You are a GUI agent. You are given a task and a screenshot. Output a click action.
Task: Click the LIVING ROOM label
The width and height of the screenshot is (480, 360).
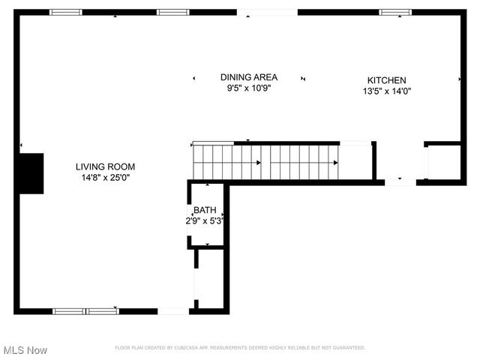pyautogui.click(x=105, y=166)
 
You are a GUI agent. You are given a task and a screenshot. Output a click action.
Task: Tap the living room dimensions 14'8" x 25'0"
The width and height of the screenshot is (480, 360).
pyautogui.click(x=105, y=178)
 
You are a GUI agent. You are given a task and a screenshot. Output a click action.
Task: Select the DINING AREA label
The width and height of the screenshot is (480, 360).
pyautogui.click(x=249, y=77)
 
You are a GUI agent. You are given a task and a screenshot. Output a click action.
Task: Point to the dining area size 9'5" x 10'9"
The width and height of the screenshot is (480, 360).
pyautogui.click(x=249, y=88)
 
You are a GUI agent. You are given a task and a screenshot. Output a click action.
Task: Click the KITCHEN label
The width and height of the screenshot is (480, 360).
pyautogui.click(x=386, y=81)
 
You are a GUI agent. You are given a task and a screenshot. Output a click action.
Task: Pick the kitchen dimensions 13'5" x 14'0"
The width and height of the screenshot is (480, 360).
pyautogui.click(x=386, y=91)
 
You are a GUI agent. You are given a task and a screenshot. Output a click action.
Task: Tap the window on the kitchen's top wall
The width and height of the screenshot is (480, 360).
pyautogui.click(x=394, y=12)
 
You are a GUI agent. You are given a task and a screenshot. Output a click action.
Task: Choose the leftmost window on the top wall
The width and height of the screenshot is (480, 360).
pyautogui.click(x=66, y=12)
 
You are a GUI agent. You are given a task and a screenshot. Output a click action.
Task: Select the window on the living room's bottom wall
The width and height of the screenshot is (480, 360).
pyautogui.click(x=85, y=310)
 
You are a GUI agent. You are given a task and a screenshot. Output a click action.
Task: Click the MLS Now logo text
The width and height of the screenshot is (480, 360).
pyautogui.click(x=25, y=350)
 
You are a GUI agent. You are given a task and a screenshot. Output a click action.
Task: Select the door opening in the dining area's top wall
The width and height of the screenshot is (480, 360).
pyautogui.click(x=267, y=12)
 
